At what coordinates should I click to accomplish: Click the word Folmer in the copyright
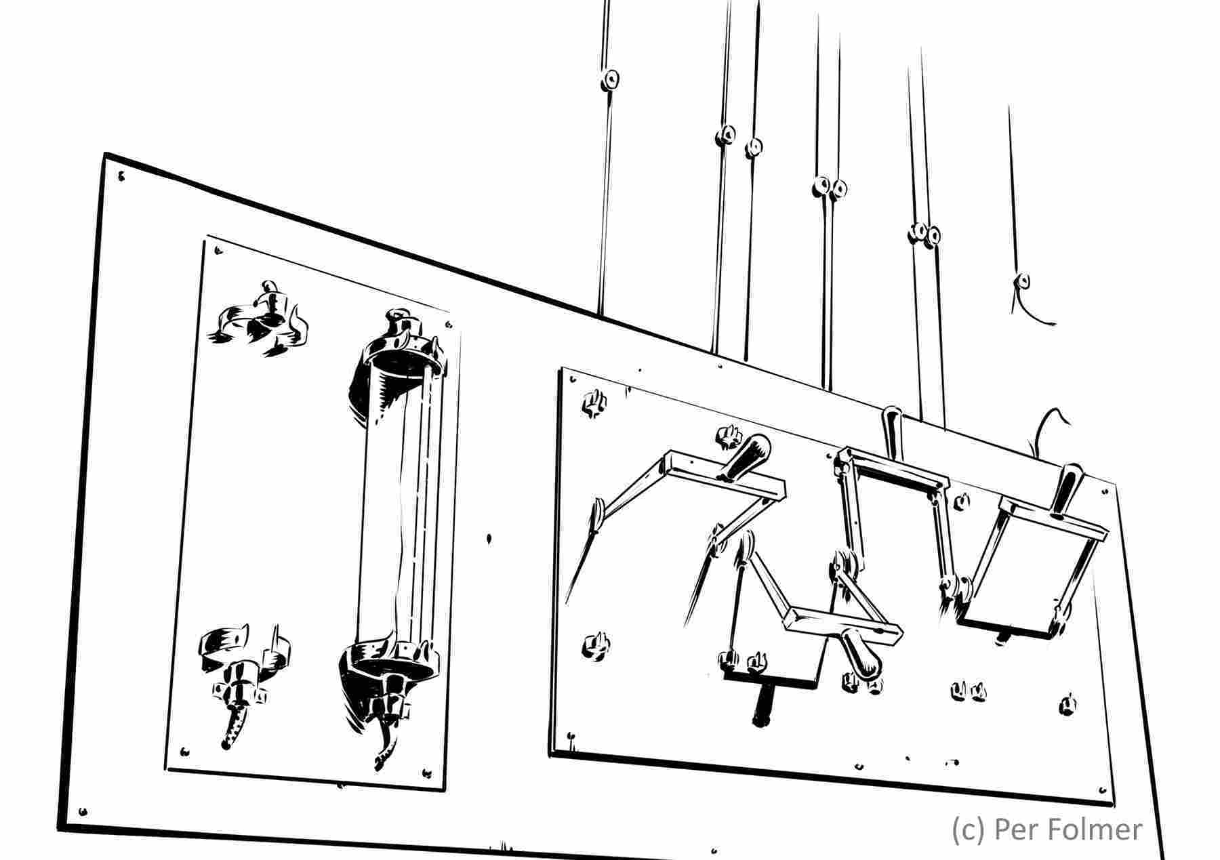[1090, 830]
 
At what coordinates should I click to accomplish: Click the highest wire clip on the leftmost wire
[611, 80]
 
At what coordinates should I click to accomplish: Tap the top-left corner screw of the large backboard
[121, 177]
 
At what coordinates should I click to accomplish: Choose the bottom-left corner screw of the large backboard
[83, 811]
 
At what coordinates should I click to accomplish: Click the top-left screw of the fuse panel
[218, 251]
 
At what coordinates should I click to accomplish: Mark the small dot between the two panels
[489, 539]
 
